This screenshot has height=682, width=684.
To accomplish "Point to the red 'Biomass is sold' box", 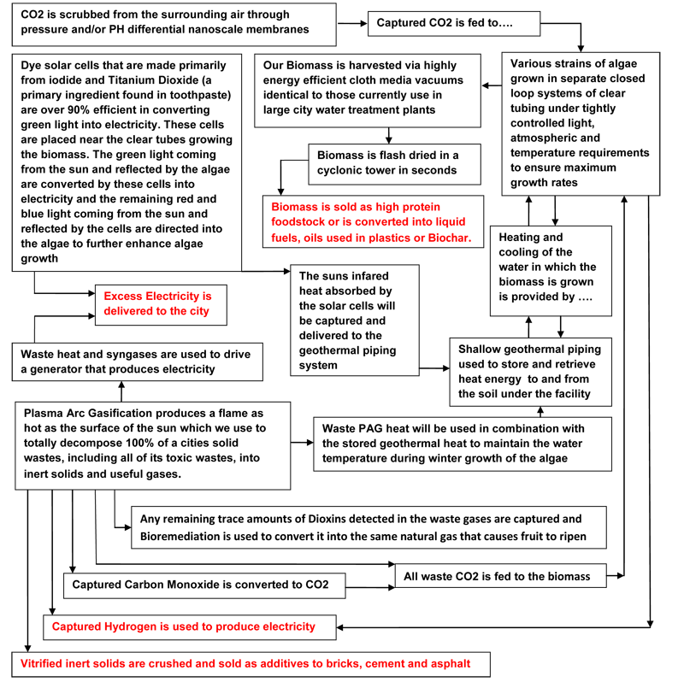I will [372, 222].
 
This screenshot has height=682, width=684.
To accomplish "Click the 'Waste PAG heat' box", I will [463, 443].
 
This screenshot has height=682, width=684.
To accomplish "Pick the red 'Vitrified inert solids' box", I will [251, 663].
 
